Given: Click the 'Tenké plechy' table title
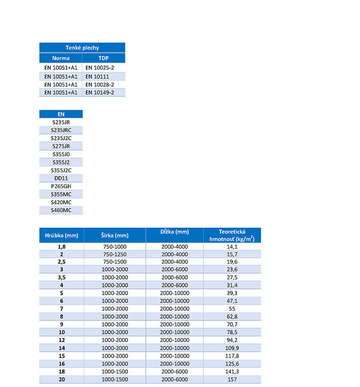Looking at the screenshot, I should [x=82, y=48].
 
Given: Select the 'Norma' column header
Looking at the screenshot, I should [x=60, y=58].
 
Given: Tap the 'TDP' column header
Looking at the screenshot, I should [x=103, y=58].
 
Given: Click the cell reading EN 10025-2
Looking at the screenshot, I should [x=100, y=68].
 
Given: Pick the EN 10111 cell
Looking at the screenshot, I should [x=97, y=76].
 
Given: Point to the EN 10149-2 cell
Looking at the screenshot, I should [x=100, y=92].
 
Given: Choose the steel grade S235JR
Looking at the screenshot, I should [x=61, y=122].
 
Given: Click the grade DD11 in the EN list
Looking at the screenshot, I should [x=61, y=178].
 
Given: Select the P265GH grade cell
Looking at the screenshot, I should [x=61, y=186].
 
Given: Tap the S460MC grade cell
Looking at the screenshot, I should [x=61, y=210].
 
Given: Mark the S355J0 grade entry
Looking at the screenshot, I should [x=61, y=154].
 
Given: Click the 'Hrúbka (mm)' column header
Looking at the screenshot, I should [x=61, y=235].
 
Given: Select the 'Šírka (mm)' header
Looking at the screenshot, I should [x=114, y=235].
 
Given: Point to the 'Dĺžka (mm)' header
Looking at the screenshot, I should [x=174, y=232].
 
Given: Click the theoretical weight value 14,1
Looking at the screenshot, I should [x=232, y=247].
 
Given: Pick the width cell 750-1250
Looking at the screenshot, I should [x=114, y=254].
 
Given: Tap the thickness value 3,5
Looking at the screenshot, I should [x=61, y=278].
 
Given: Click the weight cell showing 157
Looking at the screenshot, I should [x=232, y=379].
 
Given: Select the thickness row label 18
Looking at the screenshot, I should [x=61, y=371].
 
